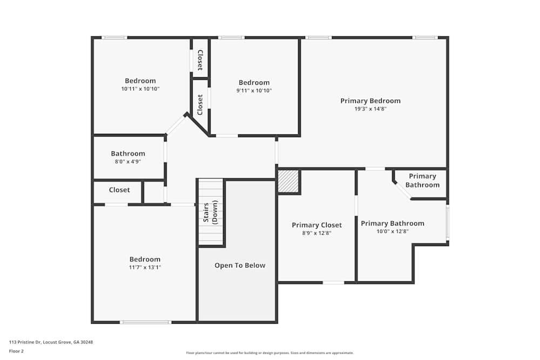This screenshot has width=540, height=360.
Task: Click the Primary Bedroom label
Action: coord(370,101)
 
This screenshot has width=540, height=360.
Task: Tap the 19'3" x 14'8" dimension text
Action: coord(370,108)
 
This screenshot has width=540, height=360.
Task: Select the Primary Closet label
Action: coord(316,225)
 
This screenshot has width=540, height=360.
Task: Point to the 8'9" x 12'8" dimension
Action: coord(316,233)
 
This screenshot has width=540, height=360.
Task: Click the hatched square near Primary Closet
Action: coord(288,181)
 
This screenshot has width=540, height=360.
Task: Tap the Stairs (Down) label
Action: coord(210,213)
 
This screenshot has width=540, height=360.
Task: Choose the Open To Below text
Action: coord(240,265)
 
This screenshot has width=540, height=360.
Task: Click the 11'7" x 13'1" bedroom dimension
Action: coord(145,267)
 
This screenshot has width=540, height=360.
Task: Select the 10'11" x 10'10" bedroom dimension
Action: coord(140,89)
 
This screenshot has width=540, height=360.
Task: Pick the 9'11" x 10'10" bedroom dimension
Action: coord(254,91)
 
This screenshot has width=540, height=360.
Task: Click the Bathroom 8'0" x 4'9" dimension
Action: coord(128,161)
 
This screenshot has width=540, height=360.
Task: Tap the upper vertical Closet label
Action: coord(200,60)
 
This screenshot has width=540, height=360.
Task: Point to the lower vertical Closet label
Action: coord(200,105)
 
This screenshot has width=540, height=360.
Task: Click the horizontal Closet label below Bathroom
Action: coord(119,190)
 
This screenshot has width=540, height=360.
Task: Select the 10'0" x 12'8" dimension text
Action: coord(393,231)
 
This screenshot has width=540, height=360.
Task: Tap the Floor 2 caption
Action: coord(16,351)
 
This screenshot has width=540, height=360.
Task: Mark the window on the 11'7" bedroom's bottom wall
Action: coord(145,322)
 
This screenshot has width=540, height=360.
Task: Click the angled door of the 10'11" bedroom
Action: coord(175,125)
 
